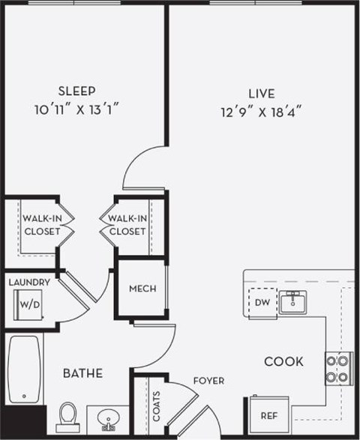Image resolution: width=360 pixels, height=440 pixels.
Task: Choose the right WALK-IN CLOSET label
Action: pyautogui.click(x=127, y=225)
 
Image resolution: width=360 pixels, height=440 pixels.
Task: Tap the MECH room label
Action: pyautogui.click(x=142, y=289)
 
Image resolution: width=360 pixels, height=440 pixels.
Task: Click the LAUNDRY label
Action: pyautogui.click(x=29, y=283)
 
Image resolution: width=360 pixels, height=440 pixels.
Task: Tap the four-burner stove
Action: pyautogui.click(x=339, y=367)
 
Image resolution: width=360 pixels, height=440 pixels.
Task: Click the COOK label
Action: pyautogui.click(x=283, y=361)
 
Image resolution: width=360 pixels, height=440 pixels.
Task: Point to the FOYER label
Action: pyautogui.click(x=208, y=381)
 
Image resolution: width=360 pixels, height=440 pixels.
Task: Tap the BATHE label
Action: pyautogui.click(x=82, y=373)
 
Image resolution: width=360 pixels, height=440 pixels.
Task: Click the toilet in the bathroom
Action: pyautogui.click(x=68, y=417)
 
